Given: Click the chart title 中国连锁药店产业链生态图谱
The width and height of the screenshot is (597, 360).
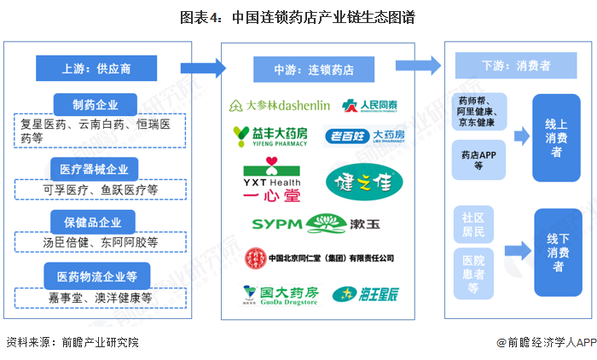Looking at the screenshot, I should coord(298,17).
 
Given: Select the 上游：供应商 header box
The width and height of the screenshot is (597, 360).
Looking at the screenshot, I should coord(96,69).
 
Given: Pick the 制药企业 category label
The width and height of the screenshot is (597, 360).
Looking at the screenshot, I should coord(96,105).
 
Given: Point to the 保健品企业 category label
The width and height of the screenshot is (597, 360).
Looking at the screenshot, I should coord(95,222).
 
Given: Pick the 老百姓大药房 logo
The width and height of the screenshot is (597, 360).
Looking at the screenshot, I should coord(365,136).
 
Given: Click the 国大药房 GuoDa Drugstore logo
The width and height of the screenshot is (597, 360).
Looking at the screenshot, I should coord(280,294).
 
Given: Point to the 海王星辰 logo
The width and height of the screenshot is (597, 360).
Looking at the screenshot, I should coord(359,294).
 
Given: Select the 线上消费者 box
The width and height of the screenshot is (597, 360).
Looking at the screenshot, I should coord(556,137).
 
